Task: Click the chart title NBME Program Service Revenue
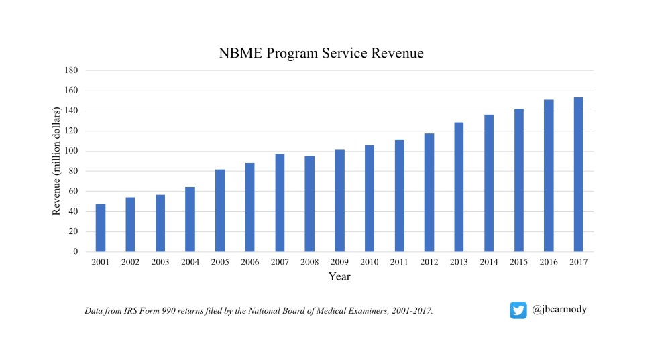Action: pyautogui.click(x=321, y=54)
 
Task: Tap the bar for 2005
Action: pyautogui.click(x=220, y=211)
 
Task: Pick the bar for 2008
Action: pyautogui.click(x=310, y=204)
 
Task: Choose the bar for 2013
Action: pyautogui.click(x=459, y=187)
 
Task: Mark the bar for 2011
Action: pyautogui.click(x=399, y=196)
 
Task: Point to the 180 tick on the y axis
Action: pyautogui.click(x=72, y=70)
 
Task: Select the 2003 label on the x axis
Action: pyautogui.click(x=160, y=262)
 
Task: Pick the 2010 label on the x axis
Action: pyautogui.click(x=369, y=262)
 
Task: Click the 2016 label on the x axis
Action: pyautogui.click(x=548, y=262)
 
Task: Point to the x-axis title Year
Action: pyautogui.click(x=339, y=276)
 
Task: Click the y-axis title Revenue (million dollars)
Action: pyautogui.click(x=57, y=161)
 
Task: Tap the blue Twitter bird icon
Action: pyautogui.click(x=518, y=310)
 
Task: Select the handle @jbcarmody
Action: pyautogui.click(x=559, y=310)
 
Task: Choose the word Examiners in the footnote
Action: pyautogui.click(x=372, y=312)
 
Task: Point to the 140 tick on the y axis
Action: pyautogui.click(x=72, y=111)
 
